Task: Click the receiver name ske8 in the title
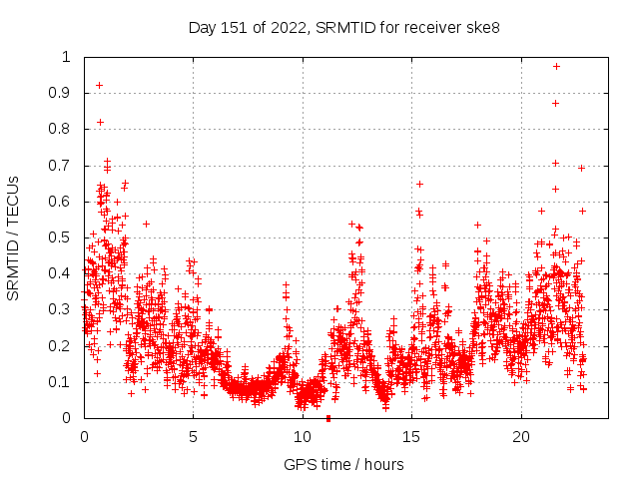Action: click(x=481, y=26)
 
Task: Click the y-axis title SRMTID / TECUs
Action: click(x=14, y=238)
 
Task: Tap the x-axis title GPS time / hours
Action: click(x=343, y=464)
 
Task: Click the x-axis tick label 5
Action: click(x=194, y=437)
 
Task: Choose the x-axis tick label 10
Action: click(x=303, y=437)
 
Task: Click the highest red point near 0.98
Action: click(x=556, y=66)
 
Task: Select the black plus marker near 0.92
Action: click(x=99, y=85)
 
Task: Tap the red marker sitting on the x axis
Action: click(x=328, y=418)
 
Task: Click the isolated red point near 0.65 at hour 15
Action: click(x=419, y=184)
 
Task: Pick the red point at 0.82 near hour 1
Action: click(x=100, y=122)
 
